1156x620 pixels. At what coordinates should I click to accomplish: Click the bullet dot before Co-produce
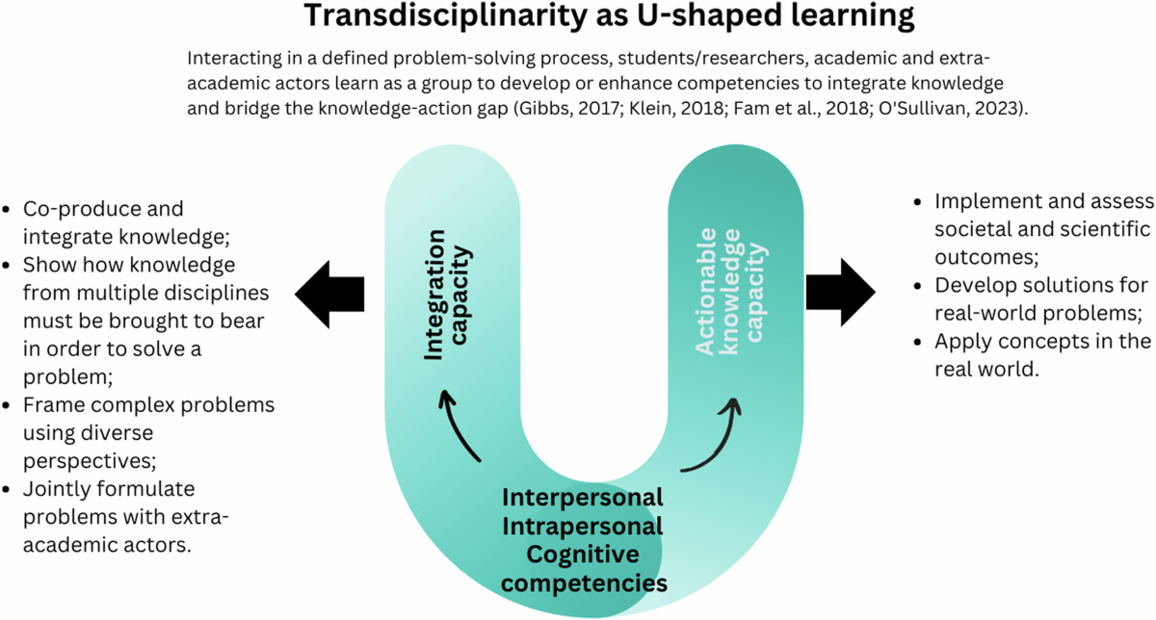click(x=9, y=209)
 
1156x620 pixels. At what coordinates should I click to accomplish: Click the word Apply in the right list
click(x=959, y=342)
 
